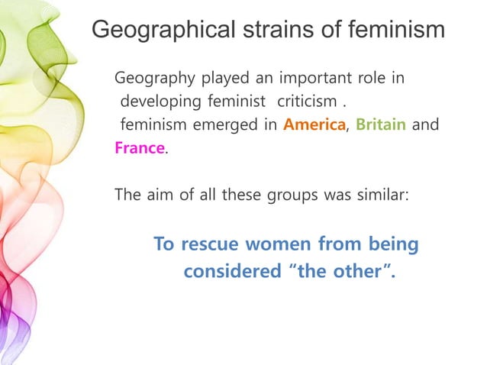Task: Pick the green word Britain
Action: [x=381, y=125]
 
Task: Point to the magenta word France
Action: [x=139, y=148]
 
